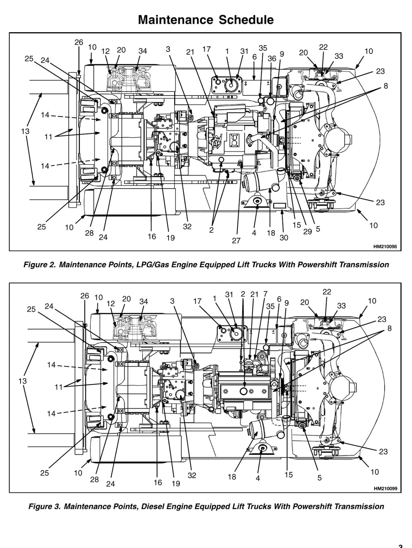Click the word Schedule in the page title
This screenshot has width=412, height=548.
point(246,20)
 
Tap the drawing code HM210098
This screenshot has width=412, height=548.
point(385,247)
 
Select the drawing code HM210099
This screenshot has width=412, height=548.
point(385,489)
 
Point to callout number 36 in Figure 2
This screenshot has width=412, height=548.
point(272,58)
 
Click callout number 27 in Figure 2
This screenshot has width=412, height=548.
point(236,241)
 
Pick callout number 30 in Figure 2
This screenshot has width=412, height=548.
point(284,238)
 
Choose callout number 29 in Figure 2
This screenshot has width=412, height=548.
point(307,231)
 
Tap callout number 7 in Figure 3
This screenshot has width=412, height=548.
point(265,294)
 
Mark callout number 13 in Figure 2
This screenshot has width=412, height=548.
point(25,131)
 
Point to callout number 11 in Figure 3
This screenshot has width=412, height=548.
point(59,387)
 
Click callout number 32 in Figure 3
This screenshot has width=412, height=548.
point(192,475)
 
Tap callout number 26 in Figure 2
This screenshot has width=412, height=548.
point(79,42)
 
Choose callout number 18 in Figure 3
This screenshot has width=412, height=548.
point(232,477)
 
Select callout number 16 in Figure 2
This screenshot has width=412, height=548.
point(152,236)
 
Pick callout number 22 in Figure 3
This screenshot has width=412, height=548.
point(327,292)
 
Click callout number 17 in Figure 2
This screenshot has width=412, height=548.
point(207,49)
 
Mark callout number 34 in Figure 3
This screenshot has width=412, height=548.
point(144,301)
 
